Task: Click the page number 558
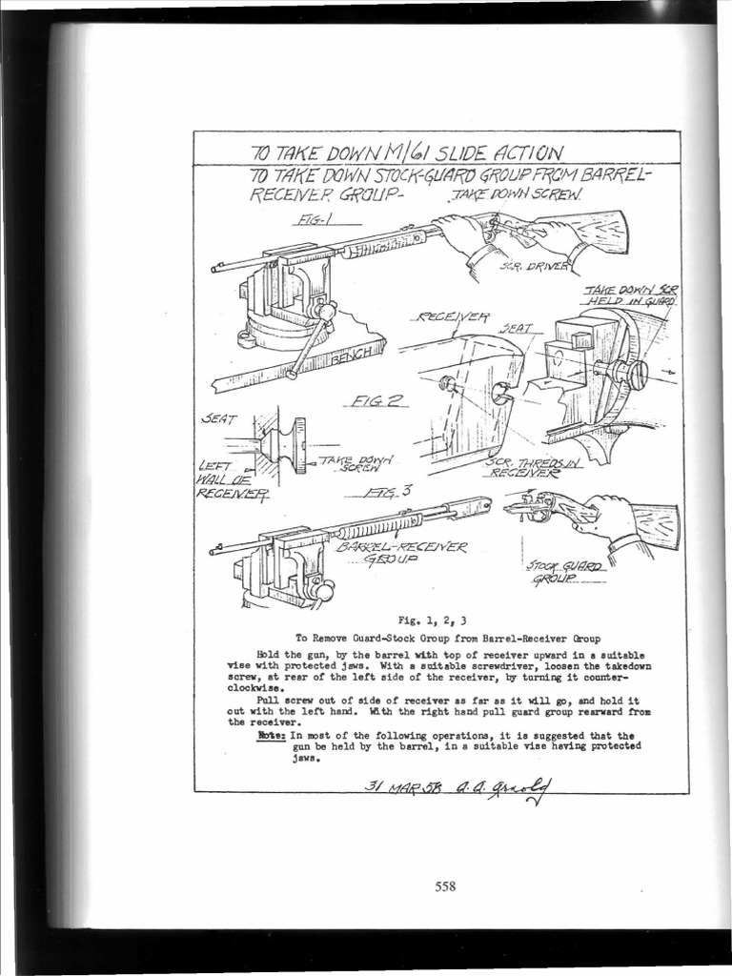coord(445,885)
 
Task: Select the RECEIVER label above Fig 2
coord(454,316)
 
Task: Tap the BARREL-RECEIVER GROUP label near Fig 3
coord(401,554)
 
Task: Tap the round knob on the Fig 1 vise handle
coord(327,312)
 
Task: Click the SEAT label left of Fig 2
coord(221,418)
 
